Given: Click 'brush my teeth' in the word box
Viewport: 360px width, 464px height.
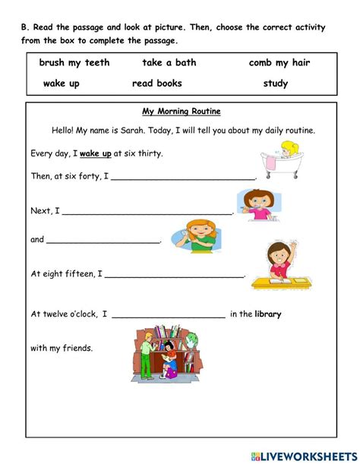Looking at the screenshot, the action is tap(74, 63).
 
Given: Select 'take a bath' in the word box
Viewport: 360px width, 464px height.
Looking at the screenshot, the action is tap(168, 63).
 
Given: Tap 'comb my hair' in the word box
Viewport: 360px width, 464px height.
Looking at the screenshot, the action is tap(279, 63).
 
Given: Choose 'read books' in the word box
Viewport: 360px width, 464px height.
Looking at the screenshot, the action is tap(157, 84).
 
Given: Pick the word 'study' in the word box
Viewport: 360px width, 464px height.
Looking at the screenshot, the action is tap(275, 84).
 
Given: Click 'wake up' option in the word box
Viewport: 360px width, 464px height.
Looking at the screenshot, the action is tap(61, 84).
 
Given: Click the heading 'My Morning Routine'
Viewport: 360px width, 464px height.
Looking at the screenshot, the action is tap(182, 111).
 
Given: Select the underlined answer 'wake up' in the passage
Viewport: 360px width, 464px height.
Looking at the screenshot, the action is tap(96, 153).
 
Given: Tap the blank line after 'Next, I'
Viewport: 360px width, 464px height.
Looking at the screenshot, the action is tap(148, 213).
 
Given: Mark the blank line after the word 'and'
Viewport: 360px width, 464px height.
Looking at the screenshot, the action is tap(104, 241).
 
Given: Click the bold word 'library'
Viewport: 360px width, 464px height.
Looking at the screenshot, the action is tap(268, 314).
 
